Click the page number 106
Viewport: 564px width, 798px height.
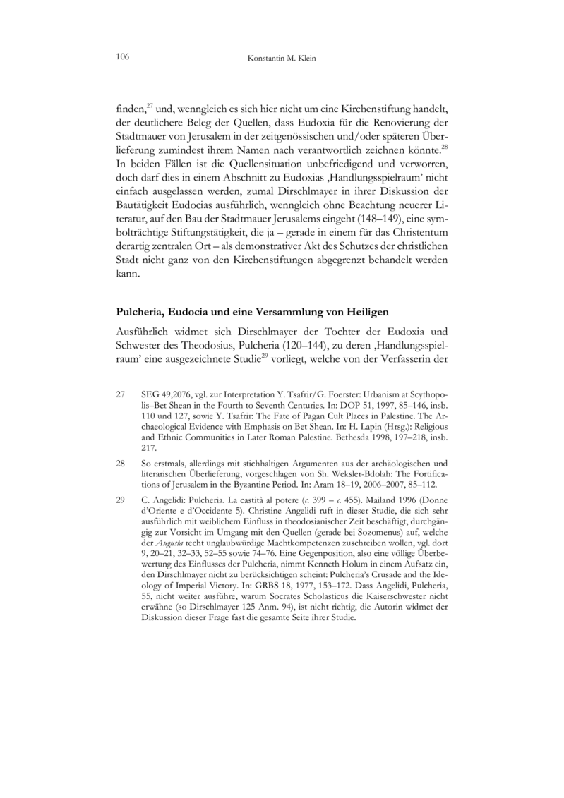tap(122, 56)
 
